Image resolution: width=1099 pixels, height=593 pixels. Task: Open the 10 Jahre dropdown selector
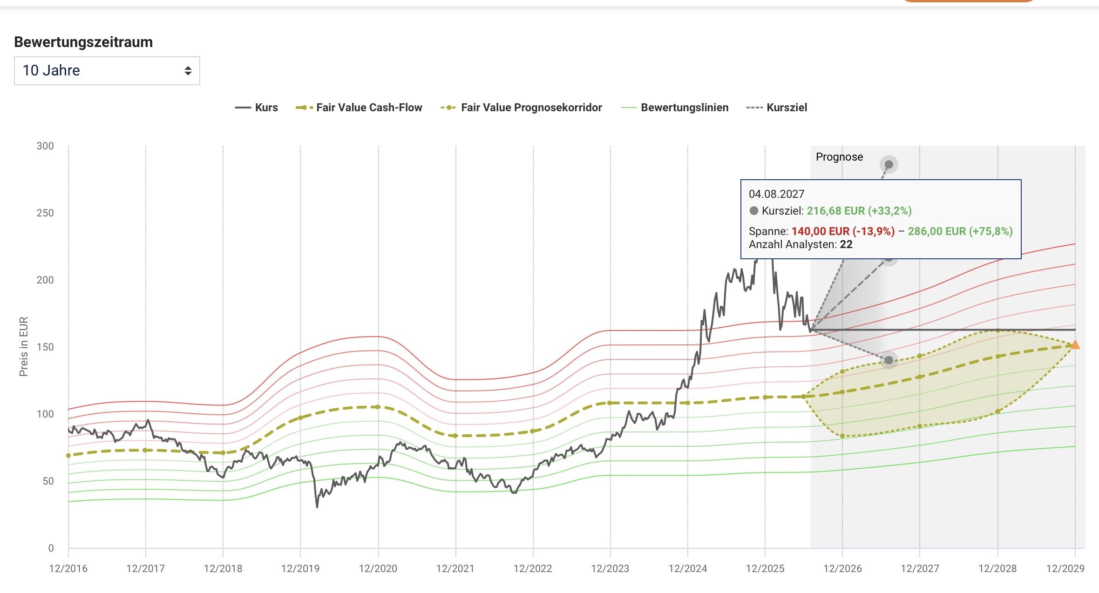(107, 71)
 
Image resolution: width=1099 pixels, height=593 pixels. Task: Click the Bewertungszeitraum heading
(83, 42)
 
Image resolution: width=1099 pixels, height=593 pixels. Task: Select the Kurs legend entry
(256, 108)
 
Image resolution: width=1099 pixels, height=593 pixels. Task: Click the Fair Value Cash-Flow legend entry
(359, 108)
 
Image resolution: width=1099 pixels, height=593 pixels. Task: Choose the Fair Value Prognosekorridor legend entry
(521, 108)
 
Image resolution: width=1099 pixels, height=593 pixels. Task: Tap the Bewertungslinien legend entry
(675, 108)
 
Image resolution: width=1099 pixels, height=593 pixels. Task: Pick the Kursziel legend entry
(776, 108)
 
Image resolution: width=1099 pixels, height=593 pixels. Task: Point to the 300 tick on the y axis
(45, 146)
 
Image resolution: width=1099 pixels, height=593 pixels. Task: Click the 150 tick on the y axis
(45, 347)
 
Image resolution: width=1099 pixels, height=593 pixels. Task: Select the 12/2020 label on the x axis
(378, 569)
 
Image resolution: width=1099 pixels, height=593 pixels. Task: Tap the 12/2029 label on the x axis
(1065, 569)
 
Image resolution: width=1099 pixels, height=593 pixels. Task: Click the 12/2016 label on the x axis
(68, 569)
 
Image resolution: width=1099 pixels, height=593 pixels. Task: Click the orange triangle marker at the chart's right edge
(1075, 345)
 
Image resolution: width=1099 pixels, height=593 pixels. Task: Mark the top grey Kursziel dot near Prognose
(889, 164)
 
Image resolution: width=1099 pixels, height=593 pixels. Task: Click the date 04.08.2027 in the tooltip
(776, 194)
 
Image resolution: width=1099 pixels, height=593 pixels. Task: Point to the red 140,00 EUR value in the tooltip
(821, 231)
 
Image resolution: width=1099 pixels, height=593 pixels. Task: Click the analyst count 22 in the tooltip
(846, 245)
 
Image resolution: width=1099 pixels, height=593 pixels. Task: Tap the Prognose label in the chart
(839, 157)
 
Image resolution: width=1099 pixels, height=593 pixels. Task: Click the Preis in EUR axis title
(24, 347)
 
